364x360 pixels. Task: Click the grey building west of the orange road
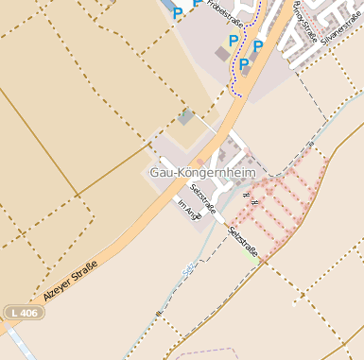point(186,118)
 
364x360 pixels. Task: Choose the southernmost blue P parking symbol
point(244,64)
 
